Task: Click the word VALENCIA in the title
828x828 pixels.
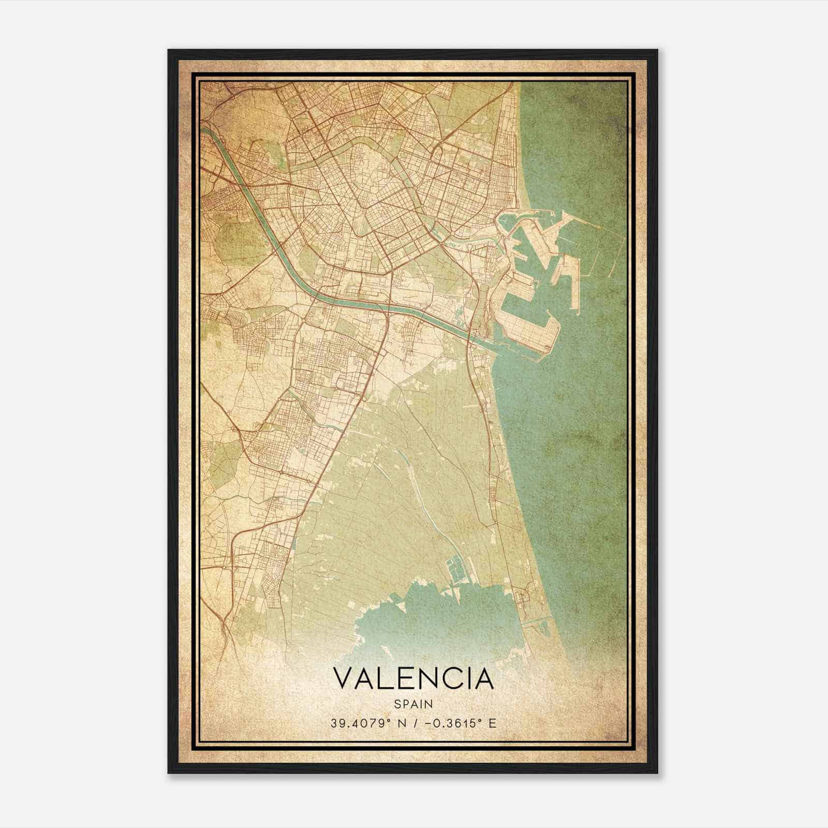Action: pos(413,678)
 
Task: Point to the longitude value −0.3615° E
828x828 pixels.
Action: pos(455,723)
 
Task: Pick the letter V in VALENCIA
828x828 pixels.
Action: pos(344,678)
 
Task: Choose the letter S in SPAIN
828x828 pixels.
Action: pos(397,704)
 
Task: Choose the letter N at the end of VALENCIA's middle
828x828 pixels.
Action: pos(424,678)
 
